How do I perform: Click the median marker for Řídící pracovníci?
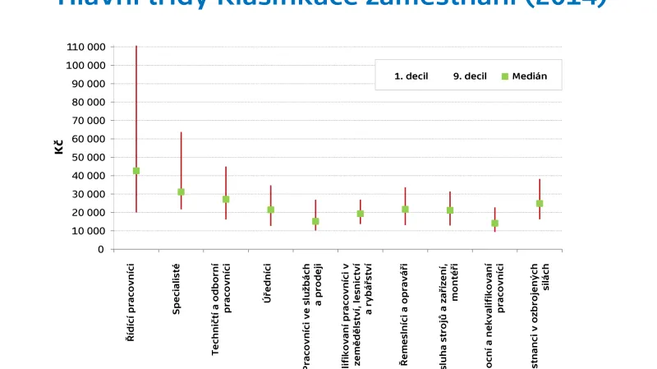coord(136,171)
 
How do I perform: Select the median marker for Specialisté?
coord(181,192)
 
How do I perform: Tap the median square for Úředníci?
coord(270,210)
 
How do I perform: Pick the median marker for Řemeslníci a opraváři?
coord(405,210)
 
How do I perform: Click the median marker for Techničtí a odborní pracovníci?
coord(226,199)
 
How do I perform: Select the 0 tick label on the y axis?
coord(100,249)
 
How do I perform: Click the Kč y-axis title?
coord(59,148)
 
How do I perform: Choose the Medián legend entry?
coord(529,76)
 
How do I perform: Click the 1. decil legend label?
coord(411,76)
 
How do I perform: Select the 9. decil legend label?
coord(469,76)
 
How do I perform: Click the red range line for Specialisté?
coord(181,156)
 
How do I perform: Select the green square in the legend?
coord(505,76)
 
